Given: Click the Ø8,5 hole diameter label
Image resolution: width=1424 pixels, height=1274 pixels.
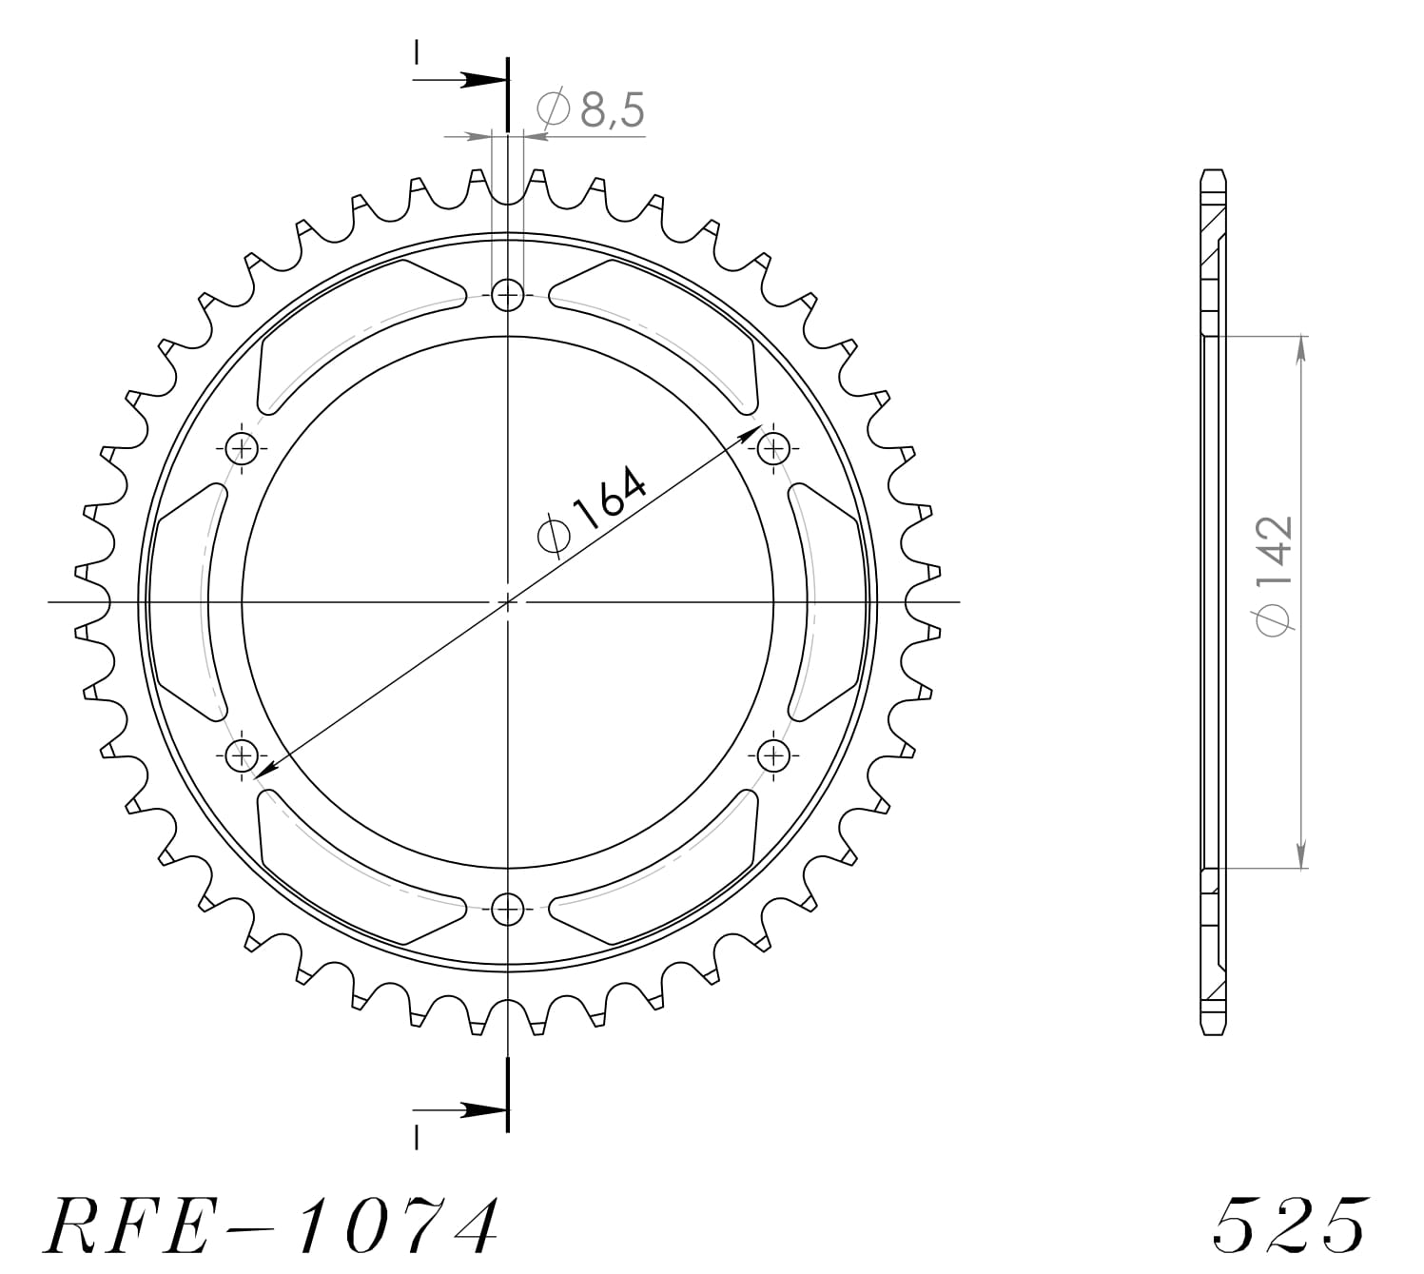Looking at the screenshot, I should coord(592,110).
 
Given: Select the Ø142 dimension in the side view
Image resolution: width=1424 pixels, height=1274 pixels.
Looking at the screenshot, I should coord(1275,576).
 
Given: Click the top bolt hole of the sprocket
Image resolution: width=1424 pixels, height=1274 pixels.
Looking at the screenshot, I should coord(509,295).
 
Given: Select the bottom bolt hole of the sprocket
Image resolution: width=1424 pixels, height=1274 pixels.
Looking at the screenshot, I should coord(509,909).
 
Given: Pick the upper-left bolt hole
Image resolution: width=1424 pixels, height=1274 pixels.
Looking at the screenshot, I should coord(243,447).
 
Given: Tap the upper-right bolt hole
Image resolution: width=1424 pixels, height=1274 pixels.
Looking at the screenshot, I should coord(774,447).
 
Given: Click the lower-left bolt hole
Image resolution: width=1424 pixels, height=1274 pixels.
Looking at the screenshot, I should coord(243,756).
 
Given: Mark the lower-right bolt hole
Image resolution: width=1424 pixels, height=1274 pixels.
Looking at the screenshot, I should coord(774,756).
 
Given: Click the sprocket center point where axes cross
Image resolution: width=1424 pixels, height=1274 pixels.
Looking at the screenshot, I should coord(509,601).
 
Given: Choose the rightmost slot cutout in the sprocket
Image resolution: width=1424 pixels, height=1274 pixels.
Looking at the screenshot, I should coord(828,601).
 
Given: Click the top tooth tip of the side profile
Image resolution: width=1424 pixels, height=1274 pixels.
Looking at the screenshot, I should coord(1213,174).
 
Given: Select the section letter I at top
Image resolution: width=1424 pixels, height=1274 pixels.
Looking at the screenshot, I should coord(416,53).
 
